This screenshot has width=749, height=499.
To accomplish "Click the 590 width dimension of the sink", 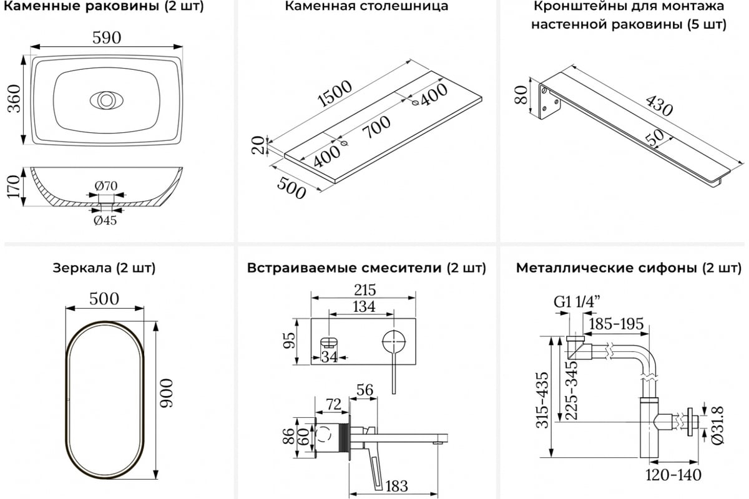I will (x=107, y=37).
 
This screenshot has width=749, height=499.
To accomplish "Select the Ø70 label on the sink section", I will (x=107, y=185).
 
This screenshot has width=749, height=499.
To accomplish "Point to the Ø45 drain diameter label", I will (x=105, y=220).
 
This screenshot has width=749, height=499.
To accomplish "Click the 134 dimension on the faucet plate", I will (x=363, y=306).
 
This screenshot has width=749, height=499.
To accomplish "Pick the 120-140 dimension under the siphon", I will (x=673, y=475).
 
